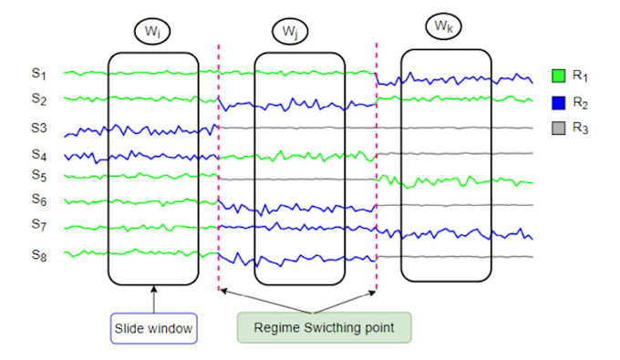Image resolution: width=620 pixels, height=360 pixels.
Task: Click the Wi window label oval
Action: pos(152,32)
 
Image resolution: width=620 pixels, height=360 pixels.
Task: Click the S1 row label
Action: pos(38,73)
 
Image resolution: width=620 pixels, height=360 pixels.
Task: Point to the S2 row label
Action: pos(38,98)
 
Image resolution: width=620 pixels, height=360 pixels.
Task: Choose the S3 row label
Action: pos(38,129)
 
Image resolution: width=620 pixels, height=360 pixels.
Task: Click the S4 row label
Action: pos(38,155)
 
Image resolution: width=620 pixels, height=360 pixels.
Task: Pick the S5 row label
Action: pos(38,175)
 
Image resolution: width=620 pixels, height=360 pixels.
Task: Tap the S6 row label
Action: pos(38,200)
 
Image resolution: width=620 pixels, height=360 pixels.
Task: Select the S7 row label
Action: pos(38,224)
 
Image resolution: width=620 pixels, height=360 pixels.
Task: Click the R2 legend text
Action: pos(581,103)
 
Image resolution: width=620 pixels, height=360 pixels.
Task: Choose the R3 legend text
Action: pos(581,129)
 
